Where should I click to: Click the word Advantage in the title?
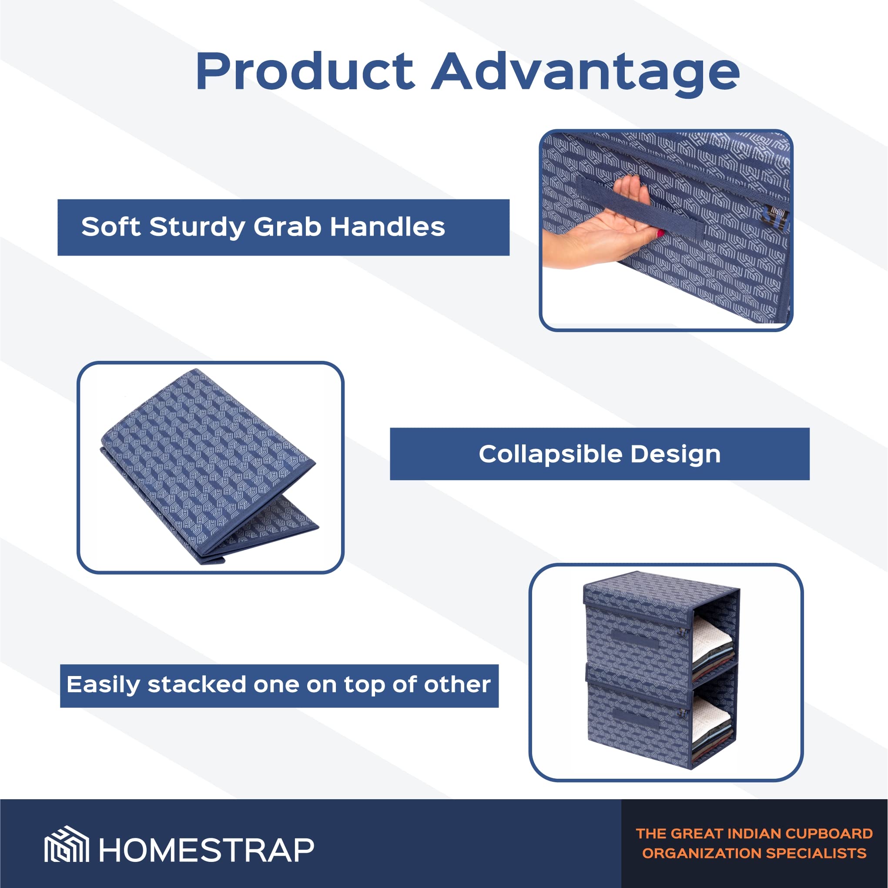point(586,74)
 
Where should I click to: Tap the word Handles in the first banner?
point(388,227)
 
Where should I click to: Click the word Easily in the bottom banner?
point(103,685)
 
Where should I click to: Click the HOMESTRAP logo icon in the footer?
point(67,844)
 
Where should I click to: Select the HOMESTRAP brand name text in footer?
point(206,850)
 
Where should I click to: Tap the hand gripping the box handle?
point(602,225)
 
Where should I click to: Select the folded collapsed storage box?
point(209,467)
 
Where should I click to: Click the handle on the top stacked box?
point(635,640)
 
